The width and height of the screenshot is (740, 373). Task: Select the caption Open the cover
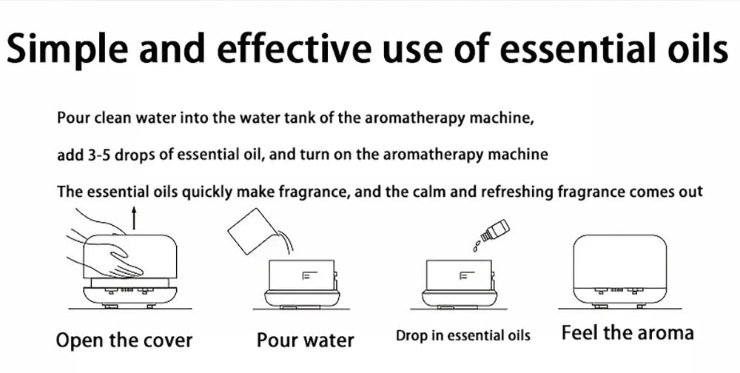[x=124, y=341]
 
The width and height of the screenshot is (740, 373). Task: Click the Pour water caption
[x=305, y=341]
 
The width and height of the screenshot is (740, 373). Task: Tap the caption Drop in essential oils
[x=463, y=335]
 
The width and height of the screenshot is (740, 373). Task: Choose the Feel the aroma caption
[x=628, y=332]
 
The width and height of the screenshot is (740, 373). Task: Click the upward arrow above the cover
[x=134, y=218]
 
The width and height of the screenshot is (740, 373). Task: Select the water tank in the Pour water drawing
[x=302, y=277]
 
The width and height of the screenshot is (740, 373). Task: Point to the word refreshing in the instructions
[x=517, y=192]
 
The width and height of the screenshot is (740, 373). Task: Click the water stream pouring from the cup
[x=283, y=239]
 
